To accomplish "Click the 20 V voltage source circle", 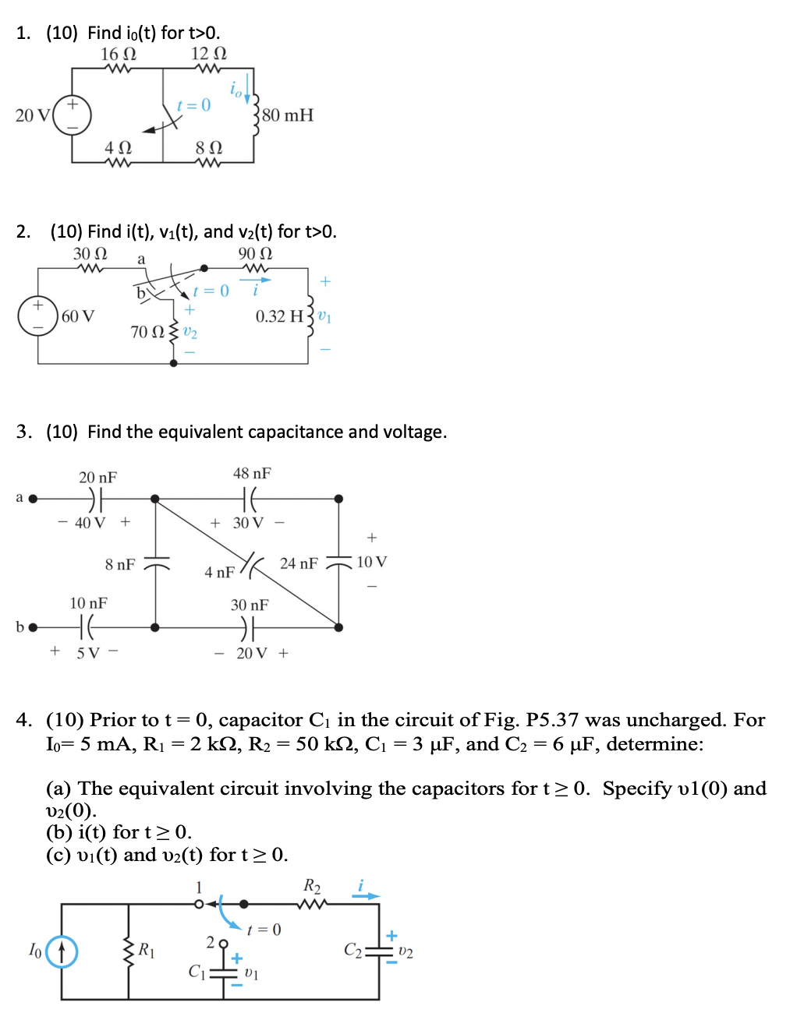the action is point(73,115).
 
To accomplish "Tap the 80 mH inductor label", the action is point(288,115).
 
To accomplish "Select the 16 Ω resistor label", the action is point(118,54).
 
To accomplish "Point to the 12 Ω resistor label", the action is point(208,54).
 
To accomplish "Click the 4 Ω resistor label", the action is point(118,147).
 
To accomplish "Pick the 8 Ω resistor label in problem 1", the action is point(208,147).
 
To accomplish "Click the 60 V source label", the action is point(78,316).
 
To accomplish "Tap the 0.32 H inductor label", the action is point(279,316).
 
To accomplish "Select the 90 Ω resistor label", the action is point(255,254).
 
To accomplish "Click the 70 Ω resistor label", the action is point(147,332).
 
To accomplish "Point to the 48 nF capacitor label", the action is point(252,474).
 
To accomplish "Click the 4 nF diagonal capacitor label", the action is point(219,573).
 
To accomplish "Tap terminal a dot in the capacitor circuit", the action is point(33,499).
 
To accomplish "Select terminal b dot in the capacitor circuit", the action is point(33,627).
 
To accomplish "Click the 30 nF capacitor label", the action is point(250,605).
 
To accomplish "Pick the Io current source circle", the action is point(62,951).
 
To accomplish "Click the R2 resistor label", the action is point(312,886).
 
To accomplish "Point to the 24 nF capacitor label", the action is point(299,563).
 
